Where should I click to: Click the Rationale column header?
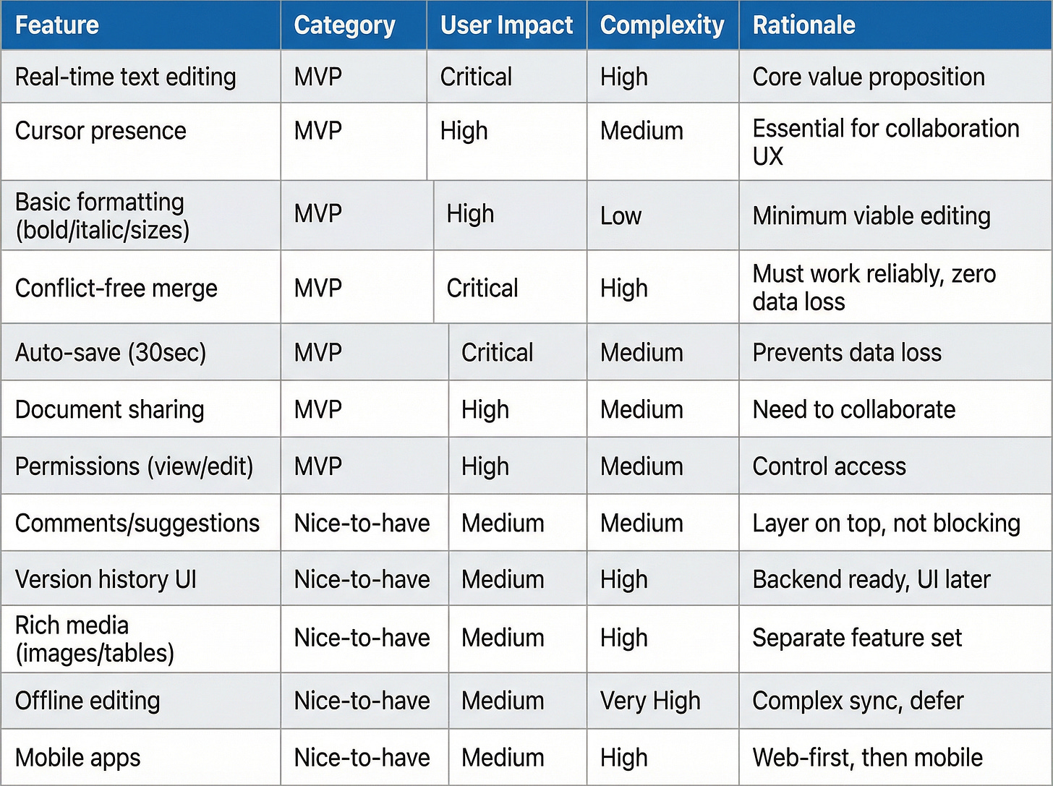coord(803,25)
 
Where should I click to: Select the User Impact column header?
coord(506,25)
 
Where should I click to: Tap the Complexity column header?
coord(662,25)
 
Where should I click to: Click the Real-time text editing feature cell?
coord(125,77)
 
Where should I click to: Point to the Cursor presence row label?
coord(101,131)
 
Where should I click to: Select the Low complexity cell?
coord(621,215)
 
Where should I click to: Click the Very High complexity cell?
coord(650,701)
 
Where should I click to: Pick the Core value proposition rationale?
coord(869,77)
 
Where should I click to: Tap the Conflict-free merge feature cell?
coord(116,289)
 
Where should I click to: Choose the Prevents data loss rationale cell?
coord(847,353)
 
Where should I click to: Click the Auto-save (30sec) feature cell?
coord(111,353)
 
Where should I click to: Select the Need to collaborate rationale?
coord(854,410)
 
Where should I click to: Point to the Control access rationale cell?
coord(829,466)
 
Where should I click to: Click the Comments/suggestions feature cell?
coord(137,523)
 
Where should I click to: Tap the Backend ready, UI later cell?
coord(871,579)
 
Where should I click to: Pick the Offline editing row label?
coord(88,701)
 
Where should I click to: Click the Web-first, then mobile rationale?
coord(867,758)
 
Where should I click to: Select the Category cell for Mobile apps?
coord(362,758)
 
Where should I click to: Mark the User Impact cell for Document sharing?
coord(485,410)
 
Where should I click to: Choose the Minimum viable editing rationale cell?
coord(871,215)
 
